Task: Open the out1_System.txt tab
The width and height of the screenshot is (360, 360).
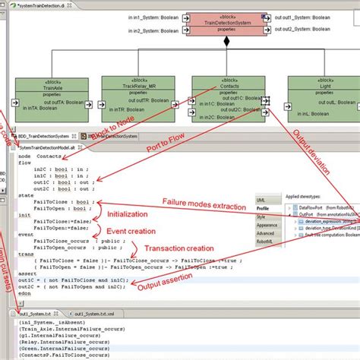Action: coord(37,313)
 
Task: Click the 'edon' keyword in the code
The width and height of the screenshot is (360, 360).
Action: coord(25,292)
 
